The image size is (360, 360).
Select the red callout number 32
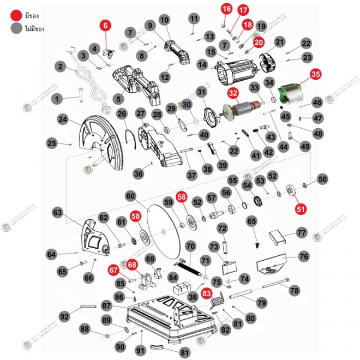coord(233,93)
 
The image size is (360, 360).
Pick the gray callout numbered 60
coord(130,195)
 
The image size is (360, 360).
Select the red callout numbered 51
coord(301,208)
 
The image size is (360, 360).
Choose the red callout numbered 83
coord(207,293)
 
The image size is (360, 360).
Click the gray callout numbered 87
coord(106,307)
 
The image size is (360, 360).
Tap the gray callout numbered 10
coord(165,20)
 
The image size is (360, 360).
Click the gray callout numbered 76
coord(304,256)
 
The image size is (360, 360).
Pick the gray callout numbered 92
coord(65,316)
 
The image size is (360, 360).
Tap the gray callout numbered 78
coord(294,291)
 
